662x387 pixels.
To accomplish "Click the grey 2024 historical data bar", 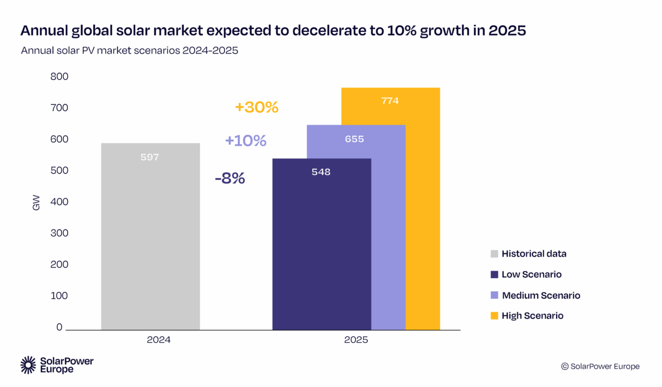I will tap(150, 237).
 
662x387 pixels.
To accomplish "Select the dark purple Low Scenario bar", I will tap(322, 248).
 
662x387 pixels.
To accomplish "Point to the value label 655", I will tap(354, 139).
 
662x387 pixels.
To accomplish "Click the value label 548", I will tap(321, 172).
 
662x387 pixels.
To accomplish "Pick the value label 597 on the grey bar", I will tap(150, 157).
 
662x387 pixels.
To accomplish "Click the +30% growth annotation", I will tap(257, 107).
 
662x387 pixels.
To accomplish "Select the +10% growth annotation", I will tap(245, 141).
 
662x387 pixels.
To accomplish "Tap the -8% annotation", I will tap(229, 179).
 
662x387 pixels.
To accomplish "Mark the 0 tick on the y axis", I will tap(58, 327).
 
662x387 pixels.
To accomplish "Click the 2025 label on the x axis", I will tap(356, 341).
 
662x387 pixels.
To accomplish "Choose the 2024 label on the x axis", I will tap(158, 341).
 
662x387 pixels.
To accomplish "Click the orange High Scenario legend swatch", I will tap(494, 316).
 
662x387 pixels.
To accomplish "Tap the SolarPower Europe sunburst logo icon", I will tap(28, 364).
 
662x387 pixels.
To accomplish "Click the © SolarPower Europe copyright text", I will tap(600, 367).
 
